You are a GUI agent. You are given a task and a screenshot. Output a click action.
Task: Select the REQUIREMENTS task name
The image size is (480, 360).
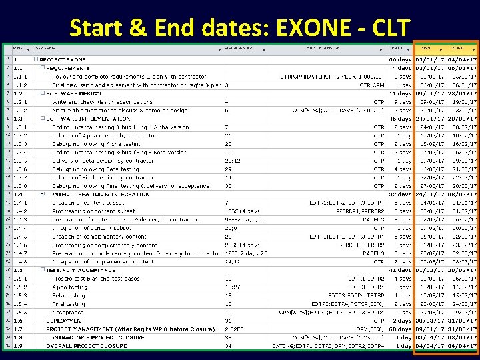[x=68, y=67]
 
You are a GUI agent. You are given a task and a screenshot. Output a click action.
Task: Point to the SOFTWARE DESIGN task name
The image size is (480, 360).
[x=73, y=93]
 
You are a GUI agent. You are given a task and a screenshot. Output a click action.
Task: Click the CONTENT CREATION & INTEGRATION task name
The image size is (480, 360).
[x=99, y=194]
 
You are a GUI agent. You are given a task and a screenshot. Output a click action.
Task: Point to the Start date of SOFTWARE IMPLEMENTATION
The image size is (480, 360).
[x=429, y=118]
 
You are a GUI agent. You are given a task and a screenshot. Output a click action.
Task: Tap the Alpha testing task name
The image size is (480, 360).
[x=69, y=287]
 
